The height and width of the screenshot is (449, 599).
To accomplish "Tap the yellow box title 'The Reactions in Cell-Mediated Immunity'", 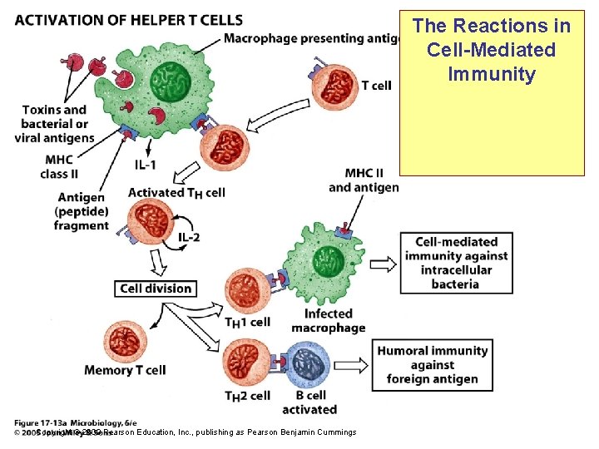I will (492, 50).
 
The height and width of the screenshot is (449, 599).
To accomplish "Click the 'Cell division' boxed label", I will (156, 289).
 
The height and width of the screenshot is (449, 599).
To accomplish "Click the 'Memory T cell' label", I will (125, 370).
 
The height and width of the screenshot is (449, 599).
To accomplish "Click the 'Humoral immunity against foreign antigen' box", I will (433, 364).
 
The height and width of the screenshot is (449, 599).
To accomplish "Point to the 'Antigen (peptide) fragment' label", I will (82, 211).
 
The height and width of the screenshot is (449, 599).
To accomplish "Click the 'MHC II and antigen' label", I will (364, 180).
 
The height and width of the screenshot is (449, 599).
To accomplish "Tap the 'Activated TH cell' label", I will (176, 193).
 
